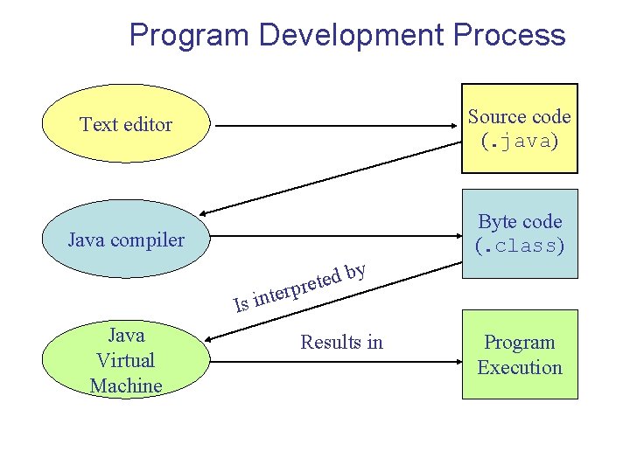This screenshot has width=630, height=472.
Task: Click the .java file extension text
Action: (520, 141)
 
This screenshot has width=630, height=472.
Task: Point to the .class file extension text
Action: (520, 246)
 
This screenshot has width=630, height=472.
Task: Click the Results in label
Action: (341, 342)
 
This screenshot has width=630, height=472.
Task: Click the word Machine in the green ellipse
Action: (126, 385)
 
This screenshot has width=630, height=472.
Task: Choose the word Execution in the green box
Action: (520, 367)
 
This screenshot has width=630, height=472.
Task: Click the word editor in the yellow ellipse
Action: (150, 124)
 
